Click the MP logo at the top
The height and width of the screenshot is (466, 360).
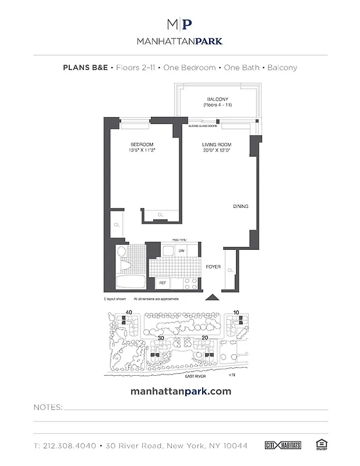pyautogui.click(x=179, y=24)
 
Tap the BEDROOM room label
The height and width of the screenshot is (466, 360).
pyautogui.click(x=142, y=144)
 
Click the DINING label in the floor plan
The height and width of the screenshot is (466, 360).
pyautogui.click(x=241, y=206)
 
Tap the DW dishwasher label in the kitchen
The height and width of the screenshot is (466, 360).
pyautogui.click(x=182, y=250)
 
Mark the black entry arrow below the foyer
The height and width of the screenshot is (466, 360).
pyautogui.click(x=213, y=298)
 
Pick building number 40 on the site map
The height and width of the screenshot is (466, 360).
pyautogui.click(x=129, y=313)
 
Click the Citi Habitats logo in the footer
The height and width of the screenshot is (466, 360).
pyautogui.click(x=285, y=446)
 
